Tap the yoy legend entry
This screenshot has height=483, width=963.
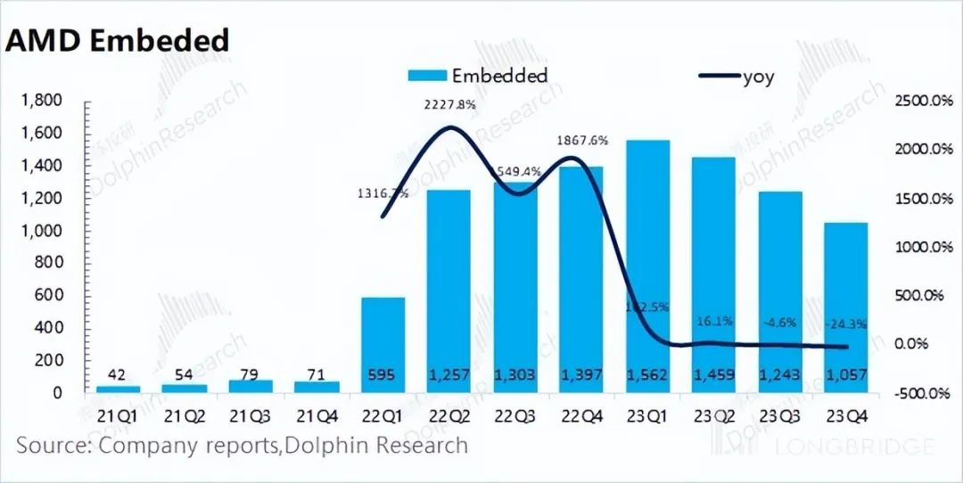[758, 77]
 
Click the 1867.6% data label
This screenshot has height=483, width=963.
[582, 140]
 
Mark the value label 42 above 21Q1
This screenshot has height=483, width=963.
[119, 374]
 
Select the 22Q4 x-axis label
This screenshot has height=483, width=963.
[580, 417]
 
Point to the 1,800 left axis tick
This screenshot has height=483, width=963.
[43, 101]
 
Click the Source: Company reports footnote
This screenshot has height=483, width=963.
[242, 444]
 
